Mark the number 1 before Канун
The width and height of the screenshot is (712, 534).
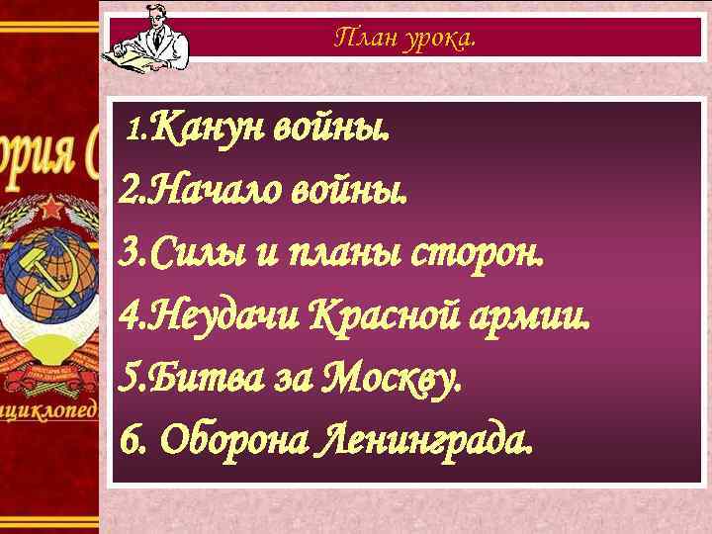(x=136, y=130)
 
